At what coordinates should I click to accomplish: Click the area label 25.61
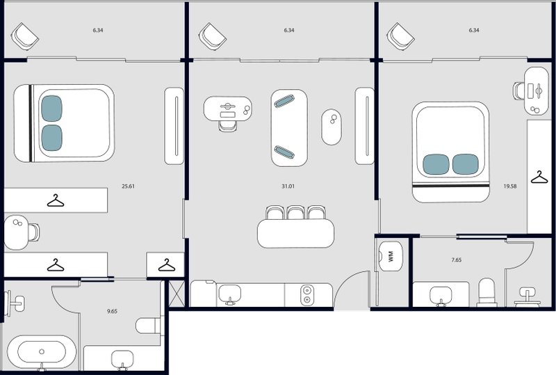127,186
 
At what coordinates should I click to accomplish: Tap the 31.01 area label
284,186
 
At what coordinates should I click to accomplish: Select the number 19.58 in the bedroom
509,186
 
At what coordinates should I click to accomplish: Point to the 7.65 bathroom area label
457,260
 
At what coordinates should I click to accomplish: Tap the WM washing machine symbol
390,257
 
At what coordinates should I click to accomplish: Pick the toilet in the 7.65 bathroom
488,292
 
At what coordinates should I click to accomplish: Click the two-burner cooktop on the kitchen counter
306,295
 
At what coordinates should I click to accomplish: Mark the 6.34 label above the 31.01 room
289,31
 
